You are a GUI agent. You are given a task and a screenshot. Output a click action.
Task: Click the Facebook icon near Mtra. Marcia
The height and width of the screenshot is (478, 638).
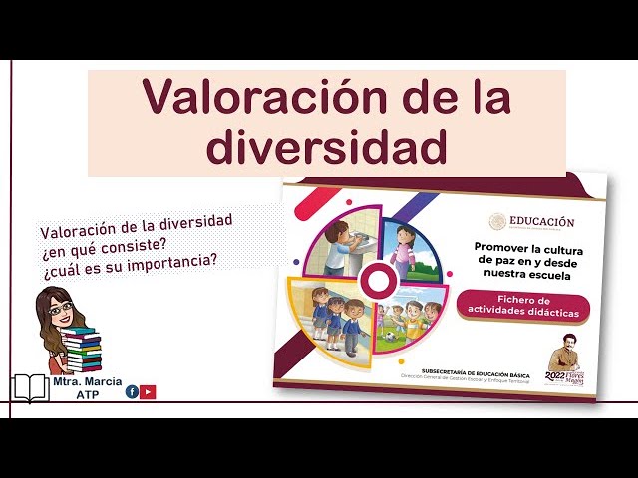click(132, 391)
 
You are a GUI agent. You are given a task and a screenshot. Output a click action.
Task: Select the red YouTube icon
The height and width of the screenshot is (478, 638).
click(148, 391)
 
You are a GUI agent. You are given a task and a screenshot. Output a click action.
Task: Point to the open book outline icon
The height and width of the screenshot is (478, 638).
click(30, 388)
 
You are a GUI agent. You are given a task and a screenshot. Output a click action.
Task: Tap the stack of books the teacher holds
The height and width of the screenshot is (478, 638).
click(82, 350)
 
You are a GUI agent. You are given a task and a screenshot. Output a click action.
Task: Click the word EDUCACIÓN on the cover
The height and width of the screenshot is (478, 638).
click(541, 222)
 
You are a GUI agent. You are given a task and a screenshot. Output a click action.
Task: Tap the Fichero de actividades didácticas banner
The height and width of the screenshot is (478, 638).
click(523, 306)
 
